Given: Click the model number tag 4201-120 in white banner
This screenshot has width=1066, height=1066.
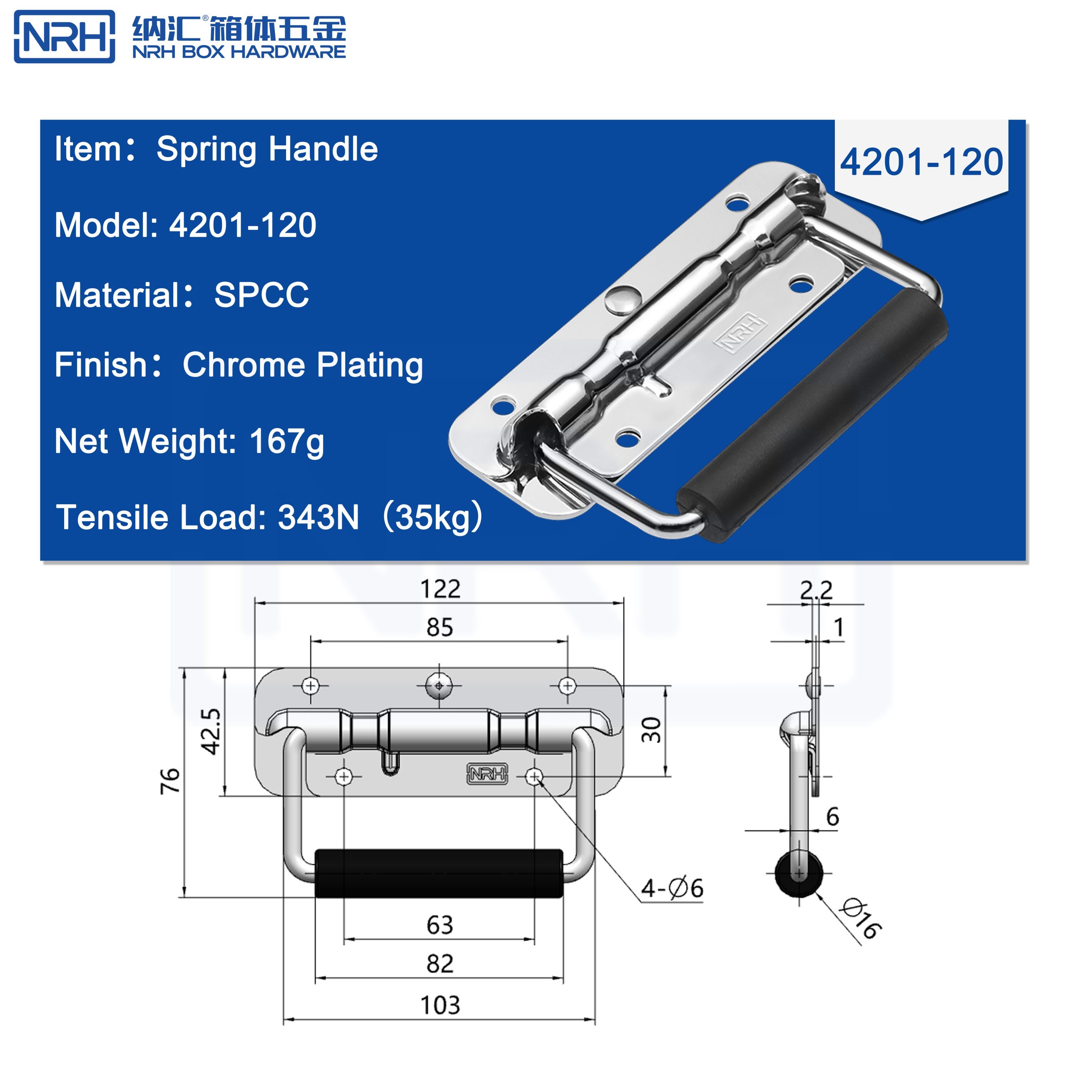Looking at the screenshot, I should pyautogui.click(x=921, y=162).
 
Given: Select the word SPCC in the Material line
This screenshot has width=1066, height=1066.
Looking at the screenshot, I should pyautogui.click(x=262, y=295).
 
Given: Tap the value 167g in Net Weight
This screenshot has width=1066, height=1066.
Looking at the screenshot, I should pyautogui.click(x=286, y=441).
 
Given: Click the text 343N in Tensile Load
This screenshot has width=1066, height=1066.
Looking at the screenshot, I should pyautogui.click(x=319, y=518).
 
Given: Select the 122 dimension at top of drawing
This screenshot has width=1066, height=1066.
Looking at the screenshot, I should pyautogui.click(x=440, y=589).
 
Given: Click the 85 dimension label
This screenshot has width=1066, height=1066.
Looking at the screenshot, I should pyautogui.click(x=440, y=628).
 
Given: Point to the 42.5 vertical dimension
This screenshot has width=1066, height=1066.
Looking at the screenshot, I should pyautogui.click(x=211, y=731).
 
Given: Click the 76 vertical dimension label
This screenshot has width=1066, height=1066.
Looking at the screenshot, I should pyautogui.click(x=170, y=780).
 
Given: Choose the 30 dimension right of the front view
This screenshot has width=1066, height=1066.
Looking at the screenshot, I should pyautogui.click(x=652, y=730).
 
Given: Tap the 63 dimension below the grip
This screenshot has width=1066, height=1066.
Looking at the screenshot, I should pyautogui.click(x=440, y=925).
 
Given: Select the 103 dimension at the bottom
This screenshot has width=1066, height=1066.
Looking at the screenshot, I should pyautogui.click(x=440, y=1005).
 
